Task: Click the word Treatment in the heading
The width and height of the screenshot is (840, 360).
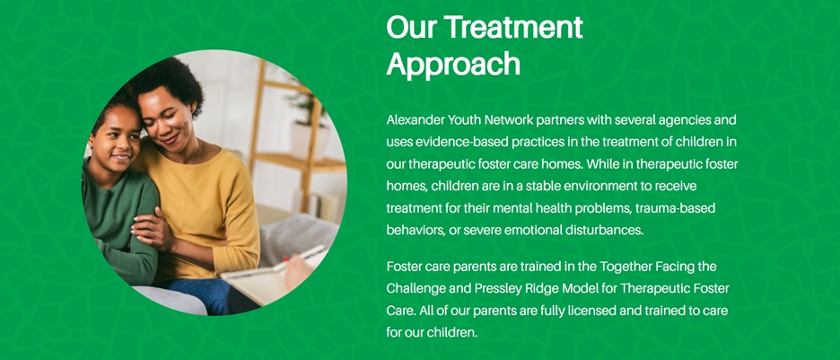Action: [x=513, y=27]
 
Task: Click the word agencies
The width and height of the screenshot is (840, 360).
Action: [x=681, y=120]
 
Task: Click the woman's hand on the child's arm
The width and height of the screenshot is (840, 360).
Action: [x=150, y=229]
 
